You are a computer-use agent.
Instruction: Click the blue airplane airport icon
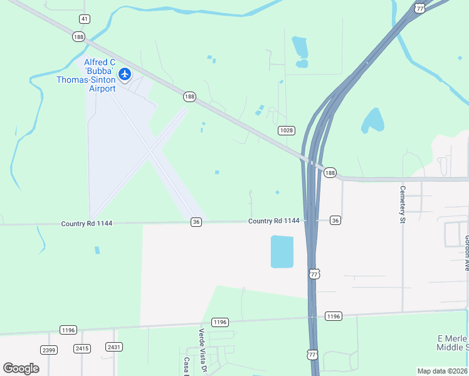click(125, 75)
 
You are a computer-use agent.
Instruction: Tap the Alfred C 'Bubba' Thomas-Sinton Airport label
click(87, 75)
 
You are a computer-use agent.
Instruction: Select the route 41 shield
click(85, 19)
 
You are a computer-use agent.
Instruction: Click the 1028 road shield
click(287, 130)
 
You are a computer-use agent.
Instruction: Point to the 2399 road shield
click(48, 348)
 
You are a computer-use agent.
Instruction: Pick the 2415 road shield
click(82, 348)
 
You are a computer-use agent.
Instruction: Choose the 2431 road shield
click(113, 347)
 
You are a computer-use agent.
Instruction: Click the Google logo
click(21, 368)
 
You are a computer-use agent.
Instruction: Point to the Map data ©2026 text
click(441, 371)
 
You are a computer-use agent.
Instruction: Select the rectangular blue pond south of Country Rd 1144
click(282, 251)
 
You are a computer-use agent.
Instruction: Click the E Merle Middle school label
click(452, 343)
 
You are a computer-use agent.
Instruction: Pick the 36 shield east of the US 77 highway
click(335, 220)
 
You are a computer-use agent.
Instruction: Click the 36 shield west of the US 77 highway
click(196, 222)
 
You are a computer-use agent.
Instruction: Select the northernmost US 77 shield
click(419, 8)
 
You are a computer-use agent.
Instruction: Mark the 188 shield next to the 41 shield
click(78, 37)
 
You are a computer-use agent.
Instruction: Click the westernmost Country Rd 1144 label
click(87, 224)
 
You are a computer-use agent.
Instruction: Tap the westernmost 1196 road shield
click(68, 330)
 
